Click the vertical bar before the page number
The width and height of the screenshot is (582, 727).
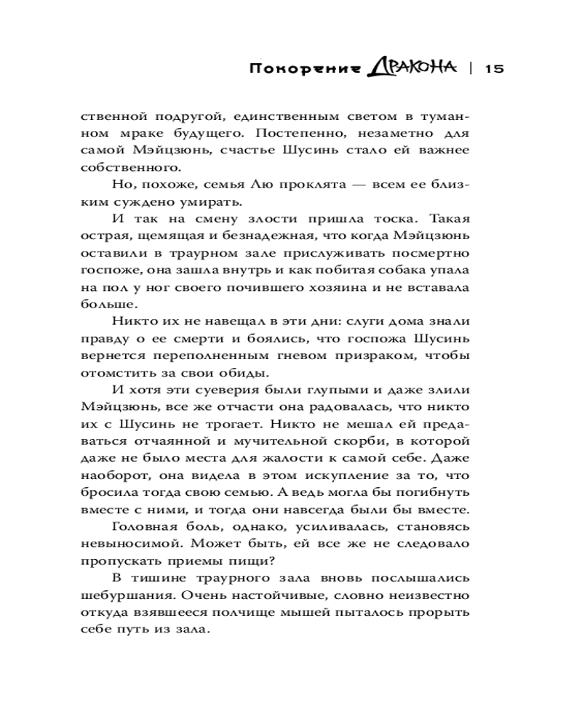point(469,70)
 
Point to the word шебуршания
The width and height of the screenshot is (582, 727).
point(124,595)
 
